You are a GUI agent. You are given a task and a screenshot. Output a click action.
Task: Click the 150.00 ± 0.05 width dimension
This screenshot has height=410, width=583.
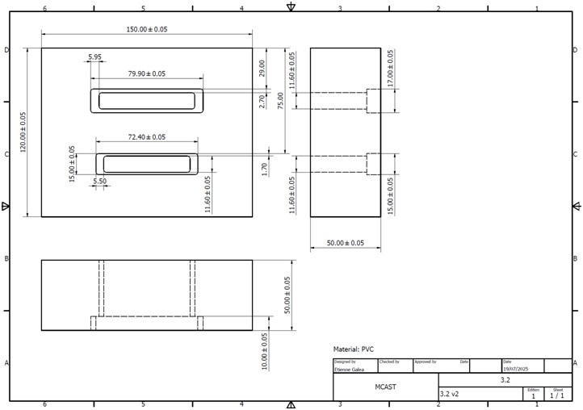click(x=146, y=29)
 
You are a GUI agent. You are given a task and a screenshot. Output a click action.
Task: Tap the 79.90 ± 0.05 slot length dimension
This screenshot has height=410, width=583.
click(x=146, y=73)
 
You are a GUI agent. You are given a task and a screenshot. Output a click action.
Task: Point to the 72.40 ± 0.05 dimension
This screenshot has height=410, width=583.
click(x=146, y=137)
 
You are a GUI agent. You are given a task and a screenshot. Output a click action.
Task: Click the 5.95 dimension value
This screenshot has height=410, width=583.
click(x=94, y=57)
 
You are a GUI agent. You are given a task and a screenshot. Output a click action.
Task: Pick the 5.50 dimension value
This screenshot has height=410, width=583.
click(x=100, y=182)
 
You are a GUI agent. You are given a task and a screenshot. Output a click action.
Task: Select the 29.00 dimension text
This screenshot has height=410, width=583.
click(x=262, y=68)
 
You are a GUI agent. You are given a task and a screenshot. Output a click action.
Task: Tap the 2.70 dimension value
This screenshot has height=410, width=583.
click(x=262, y=101)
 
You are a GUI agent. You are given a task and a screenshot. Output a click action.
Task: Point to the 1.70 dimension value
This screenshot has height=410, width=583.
click(x=265, y=169)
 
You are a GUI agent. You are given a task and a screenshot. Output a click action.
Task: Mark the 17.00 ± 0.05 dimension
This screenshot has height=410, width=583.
click(x=391, y=69)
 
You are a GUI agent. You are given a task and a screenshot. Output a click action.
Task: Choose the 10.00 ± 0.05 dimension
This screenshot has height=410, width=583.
click(x=265, y=351)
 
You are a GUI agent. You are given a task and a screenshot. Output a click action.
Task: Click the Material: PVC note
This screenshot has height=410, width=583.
click(x=354, y=349)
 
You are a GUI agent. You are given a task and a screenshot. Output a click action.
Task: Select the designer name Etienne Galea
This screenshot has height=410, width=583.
click(x=350, y=369)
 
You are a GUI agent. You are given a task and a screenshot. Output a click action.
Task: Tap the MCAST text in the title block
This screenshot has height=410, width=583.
click(x=385, y=387)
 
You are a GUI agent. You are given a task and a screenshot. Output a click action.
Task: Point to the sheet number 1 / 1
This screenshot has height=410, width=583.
click(x=557, y=396)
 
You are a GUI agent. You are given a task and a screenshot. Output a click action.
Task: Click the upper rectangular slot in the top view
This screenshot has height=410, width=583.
click(x=146, y=101)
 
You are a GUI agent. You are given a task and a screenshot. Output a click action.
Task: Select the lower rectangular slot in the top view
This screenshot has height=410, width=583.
click(x=146, y=164)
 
